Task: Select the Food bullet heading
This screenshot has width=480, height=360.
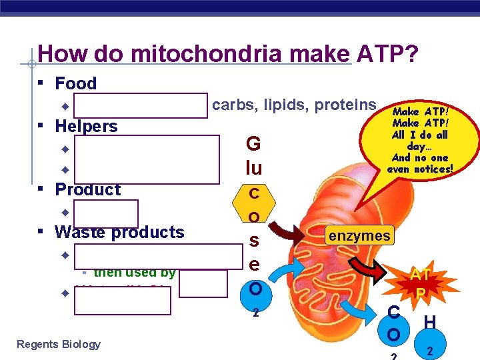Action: [x=75, y=83]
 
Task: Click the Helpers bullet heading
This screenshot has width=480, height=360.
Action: [x=86, y=126]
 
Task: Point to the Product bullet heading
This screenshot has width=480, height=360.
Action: [x=88, y=189]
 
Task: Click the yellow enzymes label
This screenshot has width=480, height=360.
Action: [x=358, y=235]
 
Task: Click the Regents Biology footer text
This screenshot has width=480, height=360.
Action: [x=58, y=344]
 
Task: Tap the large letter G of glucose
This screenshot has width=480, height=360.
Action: [x=253, y=144]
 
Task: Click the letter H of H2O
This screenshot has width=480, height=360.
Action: [x=429, y=323]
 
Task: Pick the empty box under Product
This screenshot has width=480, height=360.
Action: [x=106, y=214]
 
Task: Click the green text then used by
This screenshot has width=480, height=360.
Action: [x=134, y=272]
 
